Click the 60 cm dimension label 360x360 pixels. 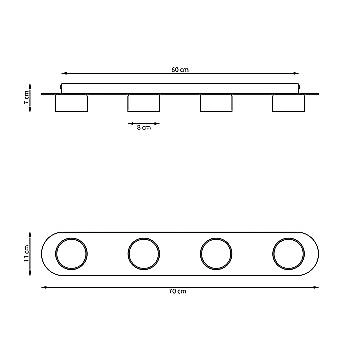[x=180, y=68]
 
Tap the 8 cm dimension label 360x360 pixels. [x=144, y=127]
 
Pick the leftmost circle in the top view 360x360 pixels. [x=72, y=254]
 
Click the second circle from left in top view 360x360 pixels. [x=144, y=254]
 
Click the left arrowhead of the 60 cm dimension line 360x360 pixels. [x=63, y=74]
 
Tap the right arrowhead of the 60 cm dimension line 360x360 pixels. [x=297, y=74]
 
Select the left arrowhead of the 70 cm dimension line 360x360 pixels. [x=44, y=284]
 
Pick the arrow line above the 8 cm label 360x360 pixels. [x=144, y=121]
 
